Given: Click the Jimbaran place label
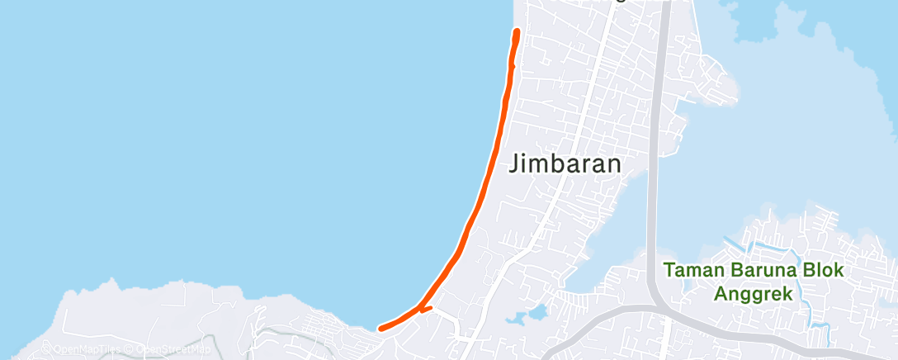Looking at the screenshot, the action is point(565,163).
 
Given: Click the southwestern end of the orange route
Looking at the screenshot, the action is point(380,329).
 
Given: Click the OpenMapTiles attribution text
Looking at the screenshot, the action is point(83,349).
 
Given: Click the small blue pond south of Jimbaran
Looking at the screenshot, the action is point(537,313).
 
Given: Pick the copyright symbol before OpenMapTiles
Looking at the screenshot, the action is point(46,349).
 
